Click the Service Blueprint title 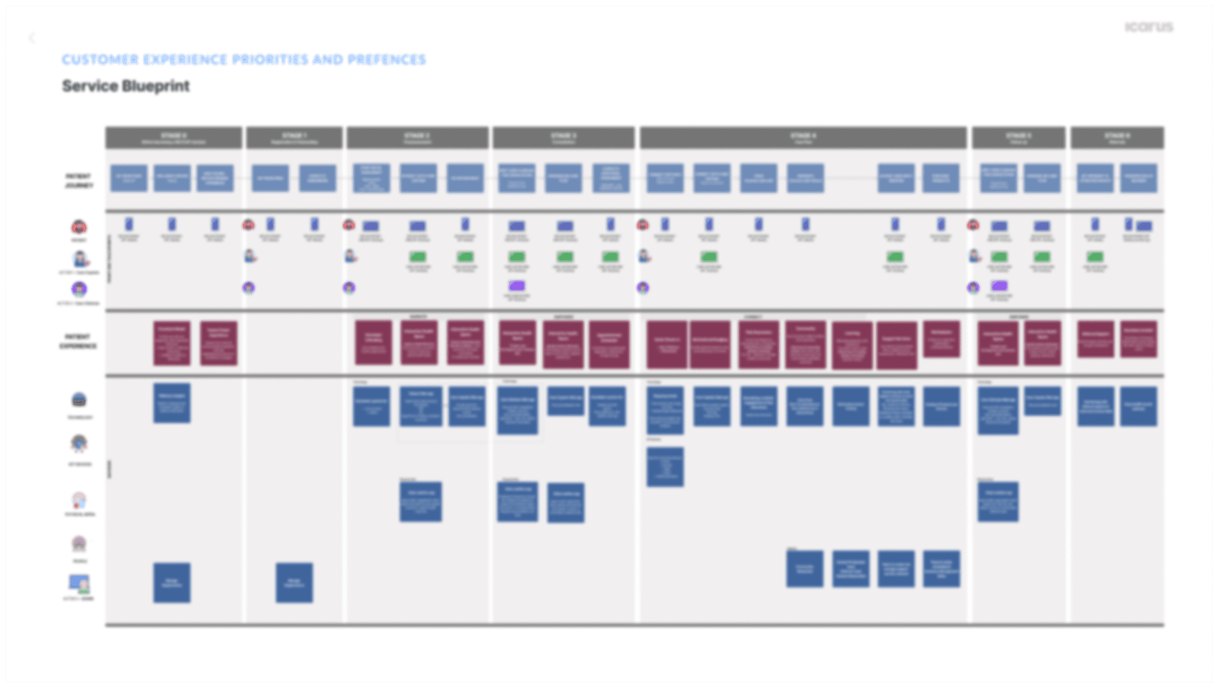(126, 86)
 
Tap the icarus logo (1149, 27)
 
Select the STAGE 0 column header (174, 138)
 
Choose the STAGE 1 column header (294, 138)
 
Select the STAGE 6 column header (1117, 138)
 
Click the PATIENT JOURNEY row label (79, 181)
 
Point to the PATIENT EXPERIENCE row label (78, 341)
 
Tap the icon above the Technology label (79, 400)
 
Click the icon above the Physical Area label (79, 501)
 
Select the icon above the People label (79, 543)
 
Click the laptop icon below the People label (79, 583)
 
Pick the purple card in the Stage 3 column (517, 286)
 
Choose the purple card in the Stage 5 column (999, 286)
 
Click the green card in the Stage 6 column (1095, 256)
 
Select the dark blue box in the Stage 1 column (294, 582)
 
